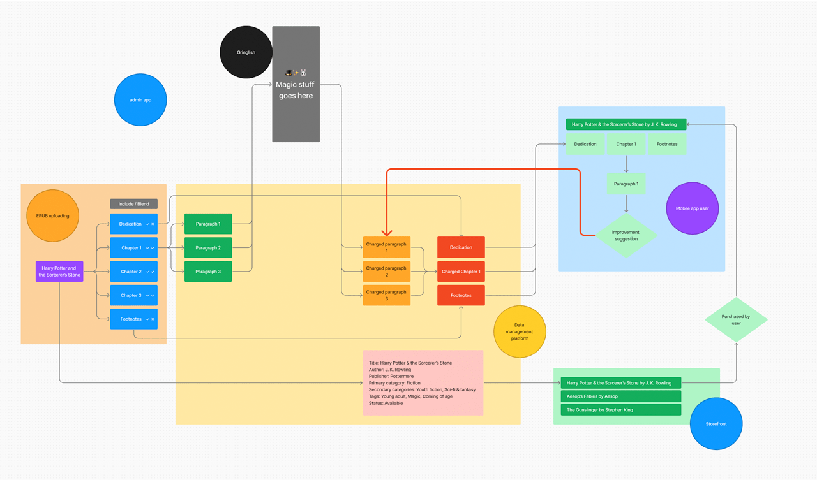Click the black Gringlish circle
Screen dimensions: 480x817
[246, 52]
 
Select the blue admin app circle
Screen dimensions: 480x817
[140, 100]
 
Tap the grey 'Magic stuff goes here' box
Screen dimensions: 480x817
[296, 84]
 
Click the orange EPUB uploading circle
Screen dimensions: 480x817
[52, 215]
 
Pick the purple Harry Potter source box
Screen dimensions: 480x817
[59, 272]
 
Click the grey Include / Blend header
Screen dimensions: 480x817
[133, 204]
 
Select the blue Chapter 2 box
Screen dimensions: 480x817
[133, 272]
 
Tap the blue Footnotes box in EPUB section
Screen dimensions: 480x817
[133, 319]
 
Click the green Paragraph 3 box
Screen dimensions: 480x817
[208, 272]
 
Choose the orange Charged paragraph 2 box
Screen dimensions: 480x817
[386, 272]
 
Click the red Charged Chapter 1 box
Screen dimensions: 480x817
[461, 272]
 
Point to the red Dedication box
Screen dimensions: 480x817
[461, 247]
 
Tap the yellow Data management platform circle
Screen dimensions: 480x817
[520, 331]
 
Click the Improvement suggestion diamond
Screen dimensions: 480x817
[626, 236]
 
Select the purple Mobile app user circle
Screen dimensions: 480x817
[692, 208]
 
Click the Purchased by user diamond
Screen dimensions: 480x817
[736, 320]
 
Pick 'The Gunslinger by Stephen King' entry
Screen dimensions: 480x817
[620, 410]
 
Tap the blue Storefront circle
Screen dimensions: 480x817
[716, 424]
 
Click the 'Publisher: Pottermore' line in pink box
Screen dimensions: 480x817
[391, 376]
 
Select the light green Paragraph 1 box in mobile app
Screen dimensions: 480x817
[626, 184]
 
